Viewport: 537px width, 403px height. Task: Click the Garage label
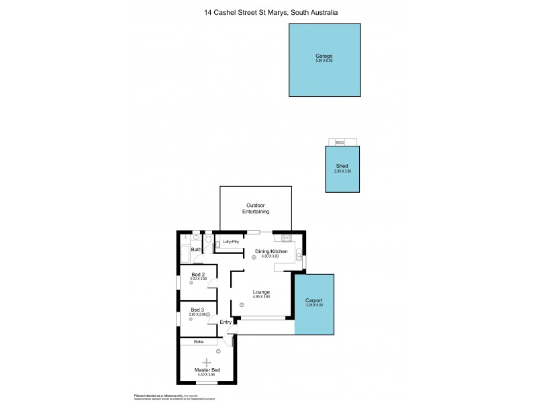(x=324, y=56)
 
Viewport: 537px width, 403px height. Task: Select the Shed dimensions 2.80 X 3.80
(x=343, y=171)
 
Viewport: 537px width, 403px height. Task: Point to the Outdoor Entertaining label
(x=256, y=208)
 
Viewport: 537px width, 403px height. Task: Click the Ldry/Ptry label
(x=231, y=242)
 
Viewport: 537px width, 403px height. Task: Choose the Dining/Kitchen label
(x=271, y=251)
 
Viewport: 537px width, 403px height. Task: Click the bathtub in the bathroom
(x=184, y=255)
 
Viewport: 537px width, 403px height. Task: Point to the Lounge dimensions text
(x=261, y=297)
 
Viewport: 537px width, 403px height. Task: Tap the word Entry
(x=226, y=322)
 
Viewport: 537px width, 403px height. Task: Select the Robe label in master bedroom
(x=199, y=342)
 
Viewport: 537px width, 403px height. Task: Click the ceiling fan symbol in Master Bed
(x=197, y=363)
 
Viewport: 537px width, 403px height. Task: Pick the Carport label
(x=314, y=300)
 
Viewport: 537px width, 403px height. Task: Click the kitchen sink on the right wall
(x=303, y=261)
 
